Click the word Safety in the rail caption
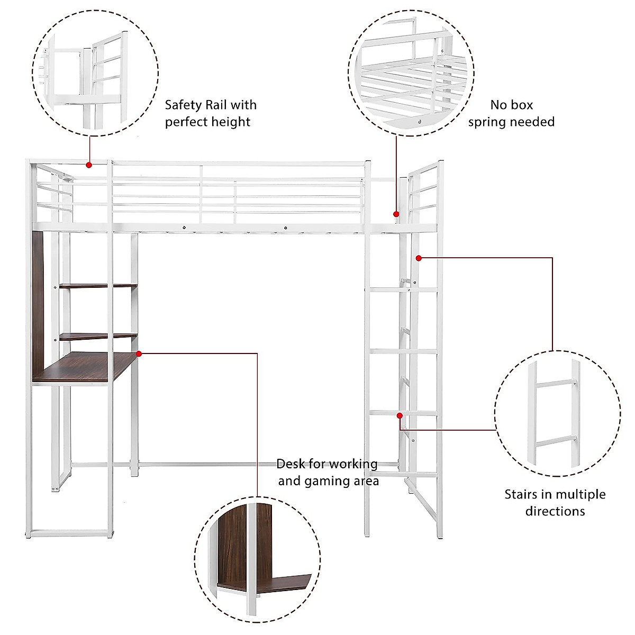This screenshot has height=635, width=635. tap(183, 105)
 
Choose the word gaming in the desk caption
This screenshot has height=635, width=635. tap(331, 481)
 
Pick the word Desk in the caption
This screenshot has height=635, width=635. tap(291, 464)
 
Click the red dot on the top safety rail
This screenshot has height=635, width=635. tap(89, 165)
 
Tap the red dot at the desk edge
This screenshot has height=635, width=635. tap(139, 353)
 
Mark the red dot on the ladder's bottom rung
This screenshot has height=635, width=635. tap(400, 416)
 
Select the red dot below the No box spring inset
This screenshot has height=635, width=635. tap(396, 214)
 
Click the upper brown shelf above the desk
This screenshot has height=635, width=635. tap(98, 286)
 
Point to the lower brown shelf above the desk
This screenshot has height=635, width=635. tap(98, 335)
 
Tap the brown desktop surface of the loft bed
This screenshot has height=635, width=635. tap(85, 366)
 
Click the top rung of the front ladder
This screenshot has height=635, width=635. tap(402, 289)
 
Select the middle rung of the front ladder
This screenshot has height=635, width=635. tap(402, 351)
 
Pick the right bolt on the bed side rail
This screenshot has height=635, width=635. tap(285, 228)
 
